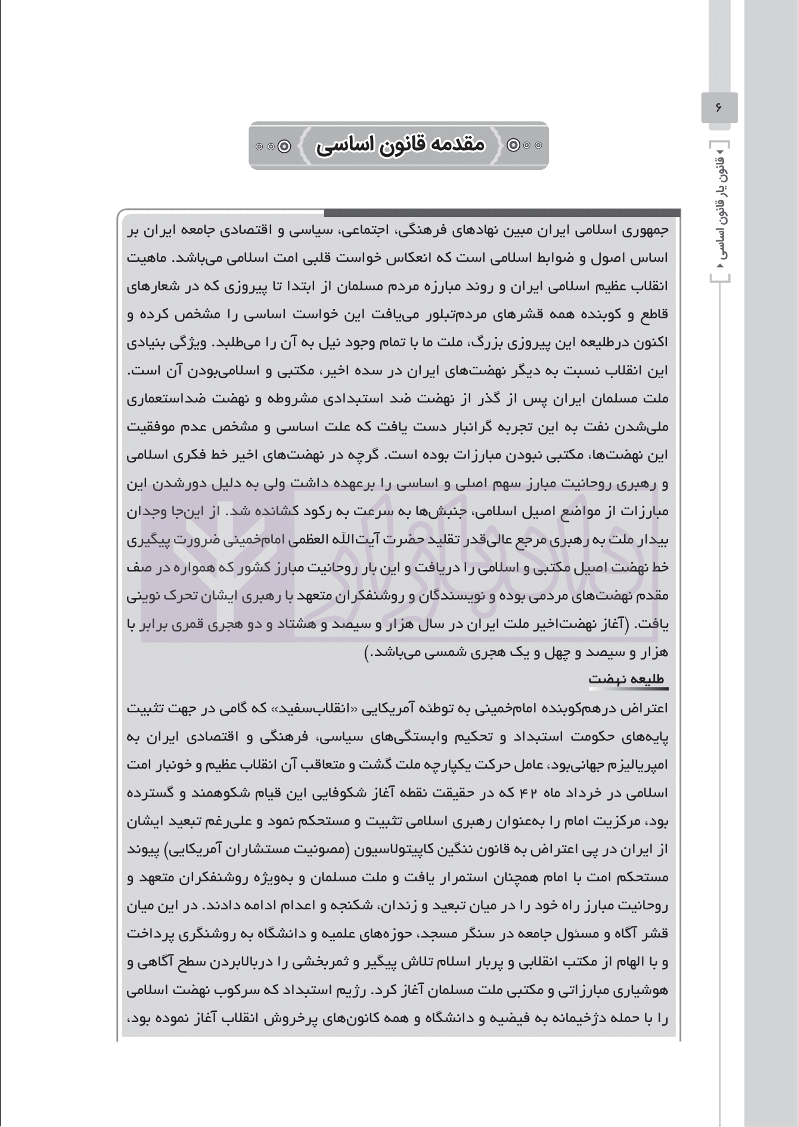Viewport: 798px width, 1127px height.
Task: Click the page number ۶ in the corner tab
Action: pos(719,107)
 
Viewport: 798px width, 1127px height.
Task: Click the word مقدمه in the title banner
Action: pos(455,145)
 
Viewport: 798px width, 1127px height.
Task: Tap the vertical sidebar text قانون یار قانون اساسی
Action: pos(719,211)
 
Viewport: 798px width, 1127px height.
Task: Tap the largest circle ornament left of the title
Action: pos(285,145)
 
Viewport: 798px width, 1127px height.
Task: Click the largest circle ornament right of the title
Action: pos(513,145)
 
